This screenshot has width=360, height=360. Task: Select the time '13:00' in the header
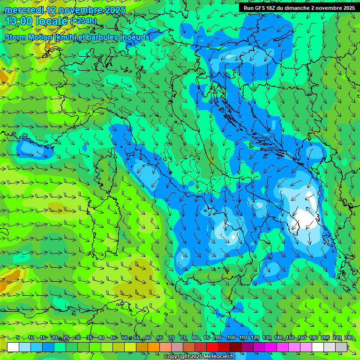[21, 21]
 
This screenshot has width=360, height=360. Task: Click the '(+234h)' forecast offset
[83, 21]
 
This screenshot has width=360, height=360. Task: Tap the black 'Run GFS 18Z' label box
[299, 8]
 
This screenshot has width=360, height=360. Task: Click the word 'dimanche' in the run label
[303, 8]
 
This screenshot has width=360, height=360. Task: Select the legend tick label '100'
[231, 338]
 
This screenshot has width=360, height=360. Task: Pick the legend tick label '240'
[348, 338]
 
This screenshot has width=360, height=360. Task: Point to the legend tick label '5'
[18, 338]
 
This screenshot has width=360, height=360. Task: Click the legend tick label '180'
[313, 338]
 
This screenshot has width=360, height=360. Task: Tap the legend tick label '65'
[159, 338]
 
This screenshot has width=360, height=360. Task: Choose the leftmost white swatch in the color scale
[13, 347]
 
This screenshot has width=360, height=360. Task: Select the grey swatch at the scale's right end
[341, 347]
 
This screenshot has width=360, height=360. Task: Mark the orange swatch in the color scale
[154, 347]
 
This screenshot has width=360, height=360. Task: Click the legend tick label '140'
[278, 338]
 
